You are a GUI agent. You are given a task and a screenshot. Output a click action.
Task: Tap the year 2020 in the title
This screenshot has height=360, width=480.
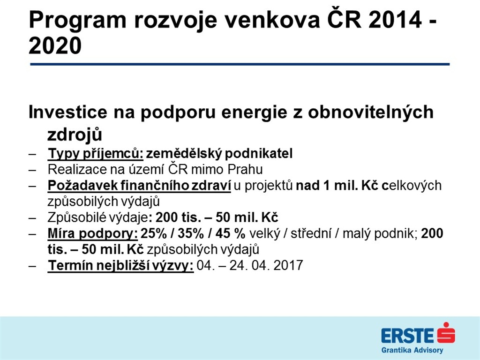click(55, 46)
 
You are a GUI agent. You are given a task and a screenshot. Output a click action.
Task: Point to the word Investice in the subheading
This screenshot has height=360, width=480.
click(67, 112)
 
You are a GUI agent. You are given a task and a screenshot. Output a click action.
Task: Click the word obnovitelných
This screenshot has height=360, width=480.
click(371, 112)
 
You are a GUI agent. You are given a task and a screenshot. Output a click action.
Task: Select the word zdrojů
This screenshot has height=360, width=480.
click(75, 135)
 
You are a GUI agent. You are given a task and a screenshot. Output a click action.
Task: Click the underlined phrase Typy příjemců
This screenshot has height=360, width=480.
click(96, 154)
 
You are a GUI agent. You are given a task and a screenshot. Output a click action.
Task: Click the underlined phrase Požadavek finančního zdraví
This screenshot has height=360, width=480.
click(139, 186)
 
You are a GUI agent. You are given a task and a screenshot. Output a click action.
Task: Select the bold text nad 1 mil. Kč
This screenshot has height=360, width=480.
click(337, 186)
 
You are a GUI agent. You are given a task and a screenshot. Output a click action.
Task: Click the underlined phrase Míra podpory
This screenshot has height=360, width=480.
click(93, 233)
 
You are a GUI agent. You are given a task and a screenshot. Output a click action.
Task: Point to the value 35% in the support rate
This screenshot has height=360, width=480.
click(191, 233)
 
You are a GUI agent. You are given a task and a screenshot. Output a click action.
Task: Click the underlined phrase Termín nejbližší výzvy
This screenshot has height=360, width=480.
click(120, 265)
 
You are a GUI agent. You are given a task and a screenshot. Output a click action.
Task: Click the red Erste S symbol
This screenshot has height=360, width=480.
click(446, 333)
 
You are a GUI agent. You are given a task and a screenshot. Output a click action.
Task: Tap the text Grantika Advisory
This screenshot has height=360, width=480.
click(412, 350)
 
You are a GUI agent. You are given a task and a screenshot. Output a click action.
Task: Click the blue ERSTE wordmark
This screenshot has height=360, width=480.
click(408, 336)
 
